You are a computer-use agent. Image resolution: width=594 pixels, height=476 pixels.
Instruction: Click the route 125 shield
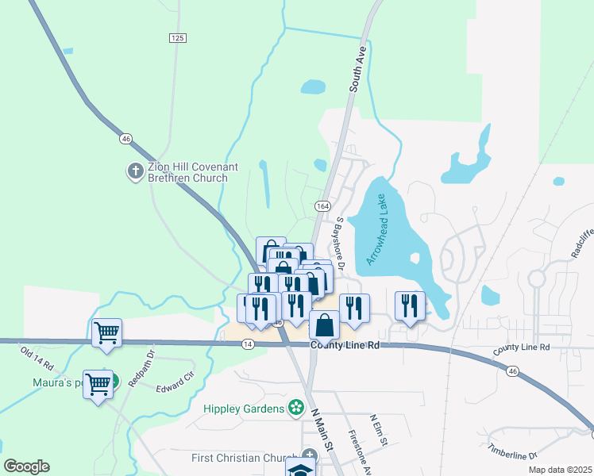(177, 38)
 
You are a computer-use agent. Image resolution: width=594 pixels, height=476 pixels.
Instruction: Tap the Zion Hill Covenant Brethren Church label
(193, 172)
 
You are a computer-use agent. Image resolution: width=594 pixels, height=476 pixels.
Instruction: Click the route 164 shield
(322, 205)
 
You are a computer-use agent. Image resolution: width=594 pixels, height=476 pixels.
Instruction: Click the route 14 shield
(249, 344)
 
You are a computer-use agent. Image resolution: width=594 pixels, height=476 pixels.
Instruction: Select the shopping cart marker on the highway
(106, 332)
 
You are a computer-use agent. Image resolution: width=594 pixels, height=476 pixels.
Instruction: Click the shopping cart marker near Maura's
(98, 384)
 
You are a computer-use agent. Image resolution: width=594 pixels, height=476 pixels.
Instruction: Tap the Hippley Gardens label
(244, 409)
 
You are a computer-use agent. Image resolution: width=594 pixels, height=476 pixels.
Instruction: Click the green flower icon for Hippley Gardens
(296, 408)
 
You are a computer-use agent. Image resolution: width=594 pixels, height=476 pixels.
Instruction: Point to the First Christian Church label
(245, 458)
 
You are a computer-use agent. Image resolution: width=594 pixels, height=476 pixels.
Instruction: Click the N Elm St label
(379, 429)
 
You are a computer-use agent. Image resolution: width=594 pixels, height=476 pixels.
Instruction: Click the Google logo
(26, 466)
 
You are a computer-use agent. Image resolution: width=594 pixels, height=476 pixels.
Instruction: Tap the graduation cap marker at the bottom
(300, 468)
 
